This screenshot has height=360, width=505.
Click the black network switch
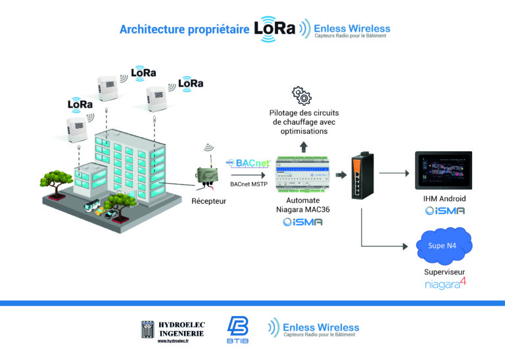pos(362,175)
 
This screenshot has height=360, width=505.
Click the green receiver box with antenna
pos(208,174)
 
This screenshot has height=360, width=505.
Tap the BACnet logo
pos(249,163)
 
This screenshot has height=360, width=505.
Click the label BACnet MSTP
pos(248,185)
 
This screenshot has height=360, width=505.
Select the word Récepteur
pos(208,200)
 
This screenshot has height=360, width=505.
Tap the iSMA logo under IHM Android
pos(445,211)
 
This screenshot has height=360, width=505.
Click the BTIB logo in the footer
pos(237,328)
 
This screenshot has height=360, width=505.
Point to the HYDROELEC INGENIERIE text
pos(181,329)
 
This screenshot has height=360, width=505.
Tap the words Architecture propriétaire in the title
pos(183,30)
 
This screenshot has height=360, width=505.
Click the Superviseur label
pos(445,271)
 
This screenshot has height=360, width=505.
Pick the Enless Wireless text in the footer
pos(320,326)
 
